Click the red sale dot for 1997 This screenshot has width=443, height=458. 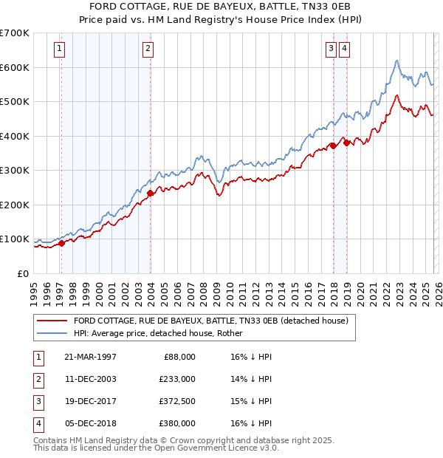pyautogui.click(x=62, y=243)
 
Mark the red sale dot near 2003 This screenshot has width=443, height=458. pyautogui.click(x=150, y=194)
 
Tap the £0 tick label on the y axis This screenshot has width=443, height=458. pyautogui.click(x=22, y=273)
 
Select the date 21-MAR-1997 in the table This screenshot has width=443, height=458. pyautogui.click(x=89, y=356)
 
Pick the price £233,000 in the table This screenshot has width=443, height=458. pyautogui.click(x=176, y=378)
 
